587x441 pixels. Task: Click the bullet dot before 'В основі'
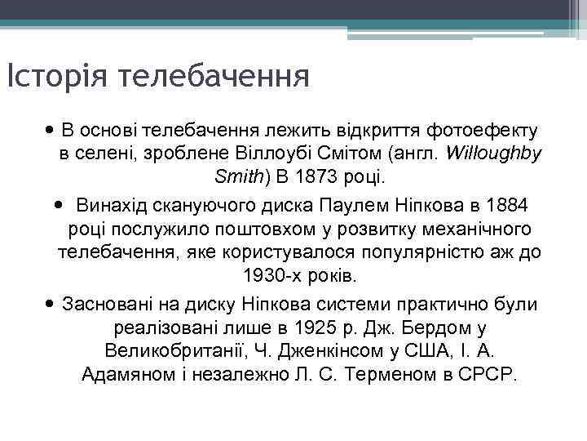(x=51, y=130)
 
